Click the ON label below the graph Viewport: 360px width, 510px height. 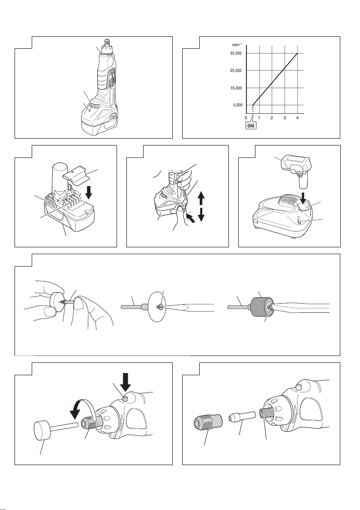(x=251, y=125)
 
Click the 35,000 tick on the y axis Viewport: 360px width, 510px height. (x=236, y=53)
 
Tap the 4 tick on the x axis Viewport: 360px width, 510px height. (x=297, y=118)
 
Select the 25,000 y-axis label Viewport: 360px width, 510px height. (x=236, y=71)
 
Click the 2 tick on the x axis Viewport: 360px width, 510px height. (x=272, y=118)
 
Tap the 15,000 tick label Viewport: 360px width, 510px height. (x=236, y=88)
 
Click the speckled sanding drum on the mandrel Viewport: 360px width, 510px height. (x=259, y=307)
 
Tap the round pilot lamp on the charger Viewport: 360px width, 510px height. (x=300, y=222)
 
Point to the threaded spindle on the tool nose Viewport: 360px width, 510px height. (x=264, y=418)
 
